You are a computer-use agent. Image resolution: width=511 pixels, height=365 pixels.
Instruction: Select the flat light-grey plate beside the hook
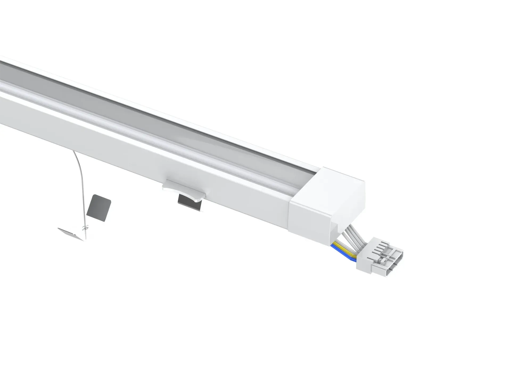click(x=70, y=233)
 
